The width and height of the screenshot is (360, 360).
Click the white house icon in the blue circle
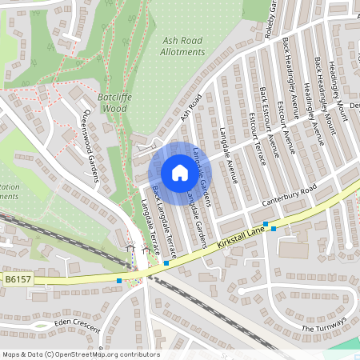(x=180, y=172)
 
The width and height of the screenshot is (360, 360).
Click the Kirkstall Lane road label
(x=240, y=240)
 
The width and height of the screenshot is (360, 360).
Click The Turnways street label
(x=323, y=325)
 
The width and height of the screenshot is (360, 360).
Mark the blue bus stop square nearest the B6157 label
(x=119, y=280)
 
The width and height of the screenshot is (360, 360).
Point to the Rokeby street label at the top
(x=273, y=16)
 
